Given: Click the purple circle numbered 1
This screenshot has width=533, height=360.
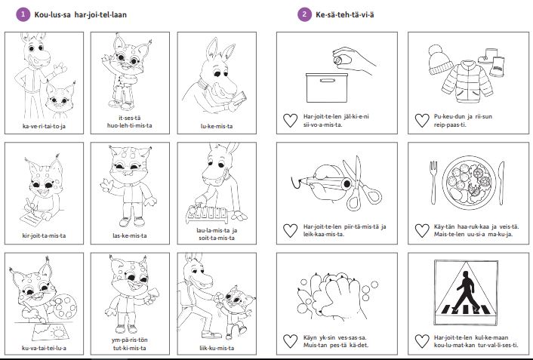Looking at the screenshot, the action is (x=23, y=14).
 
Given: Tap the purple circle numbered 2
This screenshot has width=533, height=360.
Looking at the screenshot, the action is (x=304, y=14).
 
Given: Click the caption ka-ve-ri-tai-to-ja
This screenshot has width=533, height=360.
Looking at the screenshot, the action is (x=45, y=126).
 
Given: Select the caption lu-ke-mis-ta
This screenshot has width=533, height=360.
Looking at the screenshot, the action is (x=217, y=126).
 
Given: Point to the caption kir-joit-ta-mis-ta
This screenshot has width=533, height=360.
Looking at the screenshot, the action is (x=45, y=235).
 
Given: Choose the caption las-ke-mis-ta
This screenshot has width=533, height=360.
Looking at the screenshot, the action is (x=130, y=235).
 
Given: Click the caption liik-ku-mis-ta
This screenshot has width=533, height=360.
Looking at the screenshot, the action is (x=217, y=348).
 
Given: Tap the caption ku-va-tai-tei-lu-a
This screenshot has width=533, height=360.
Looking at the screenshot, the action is (x=45, y=348).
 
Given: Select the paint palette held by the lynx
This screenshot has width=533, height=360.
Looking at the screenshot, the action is (x=65, y=305).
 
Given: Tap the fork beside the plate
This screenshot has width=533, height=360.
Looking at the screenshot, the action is (x=433, y=182).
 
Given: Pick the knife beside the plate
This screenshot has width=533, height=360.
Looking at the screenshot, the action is (x=501, y=183).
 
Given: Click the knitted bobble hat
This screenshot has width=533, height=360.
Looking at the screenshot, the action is (x=440, y=60).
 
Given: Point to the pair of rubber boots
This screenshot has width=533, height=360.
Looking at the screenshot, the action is (x=492, y=62).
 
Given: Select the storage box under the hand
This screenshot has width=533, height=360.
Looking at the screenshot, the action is (x=327, y=88).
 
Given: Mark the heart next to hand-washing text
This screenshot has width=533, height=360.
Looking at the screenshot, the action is (x=291, y=341).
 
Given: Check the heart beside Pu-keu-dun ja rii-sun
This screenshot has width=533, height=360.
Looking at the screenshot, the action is (x=422, y=120).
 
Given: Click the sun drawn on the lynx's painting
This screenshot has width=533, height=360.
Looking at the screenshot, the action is (x=59, y=333).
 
